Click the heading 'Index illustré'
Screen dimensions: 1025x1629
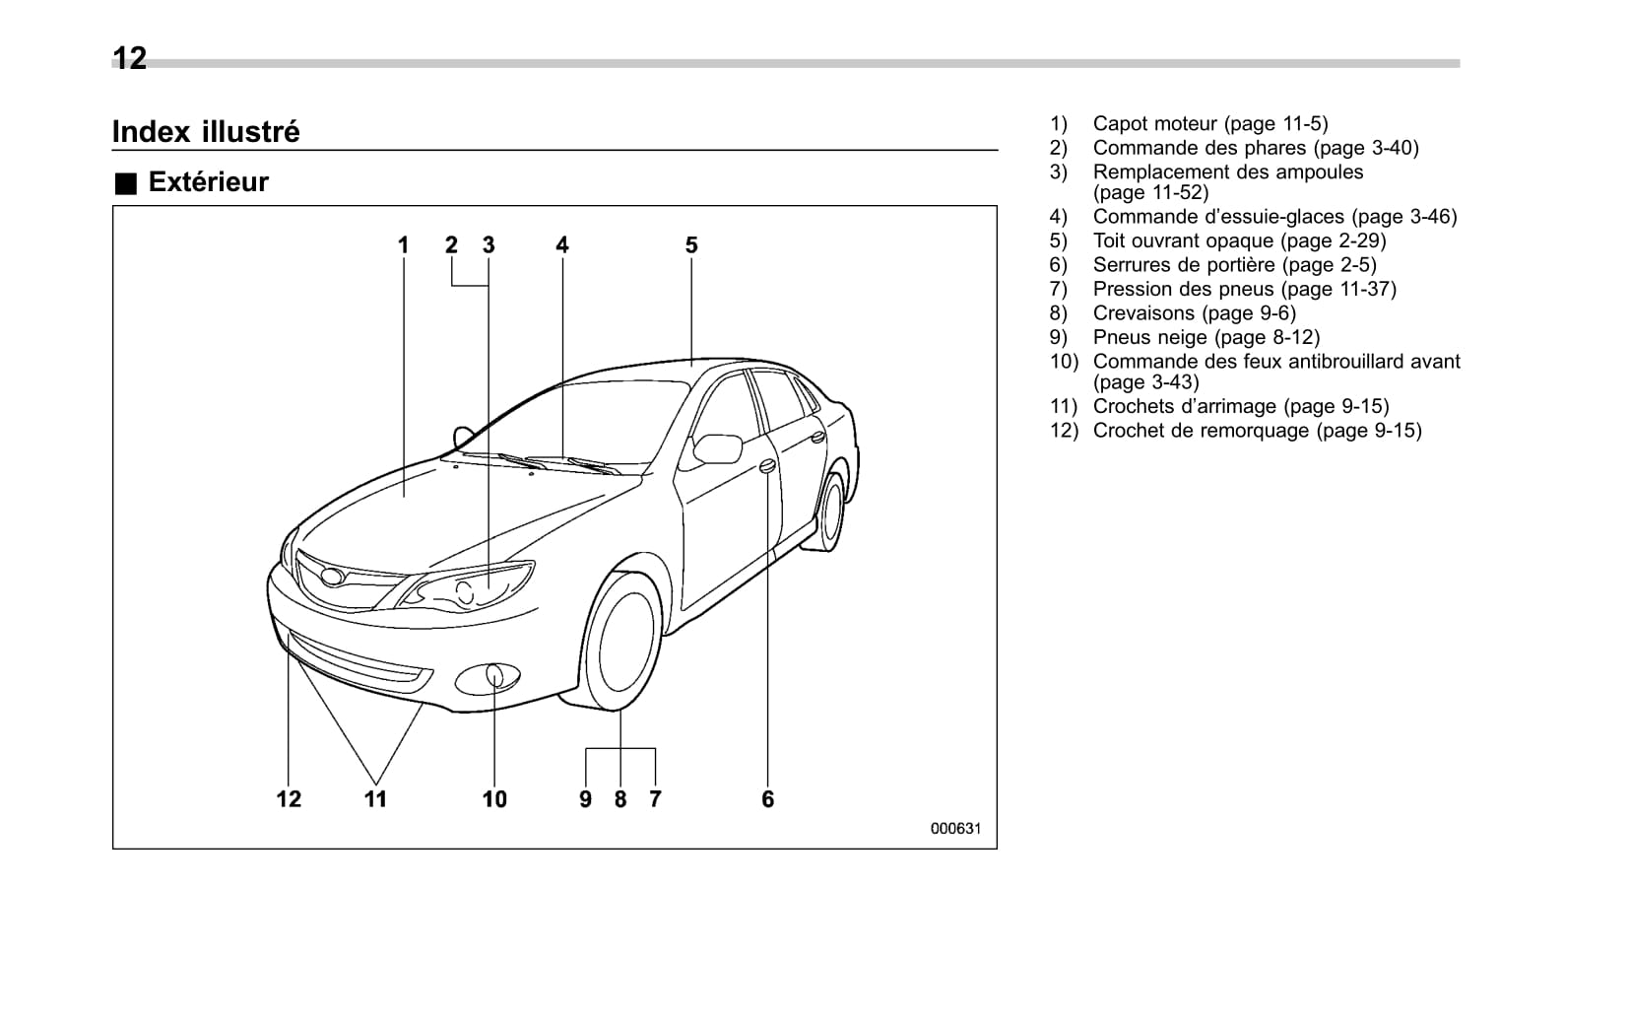pos(206,132)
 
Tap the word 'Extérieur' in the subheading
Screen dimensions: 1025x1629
pos(208,182)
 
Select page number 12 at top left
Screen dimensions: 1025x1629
pos(129,58)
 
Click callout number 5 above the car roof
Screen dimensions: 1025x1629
pos(691,245)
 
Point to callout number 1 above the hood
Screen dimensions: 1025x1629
pos(403,245)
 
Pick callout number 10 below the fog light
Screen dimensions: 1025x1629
pos(494,799)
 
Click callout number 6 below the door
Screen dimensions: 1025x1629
pos(768,799)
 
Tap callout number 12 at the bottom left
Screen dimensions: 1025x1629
pos(289,799)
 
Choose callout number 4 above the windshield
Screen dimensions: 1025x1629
pos(562,245)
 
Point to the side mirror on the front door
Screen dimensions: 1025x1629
pos(718,448)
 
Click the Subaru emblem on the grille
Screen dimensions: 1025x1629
pos(331,578)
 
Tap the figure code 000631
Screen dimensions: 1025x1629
pos(955,829)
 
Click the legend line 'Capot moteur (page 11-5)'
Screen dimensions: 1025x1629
pos(1209,124)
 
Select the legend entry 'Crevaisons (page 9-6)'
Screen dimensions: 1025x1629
pos(1194,313)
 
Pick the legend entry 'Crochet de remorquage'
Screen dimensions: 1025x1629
pos(1257,431)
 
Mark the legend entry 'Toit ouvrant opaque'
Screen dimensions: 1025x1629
pos(1239,240)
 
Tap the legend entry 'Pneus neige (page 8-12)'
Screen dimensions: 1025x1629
pos(1205,337)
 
